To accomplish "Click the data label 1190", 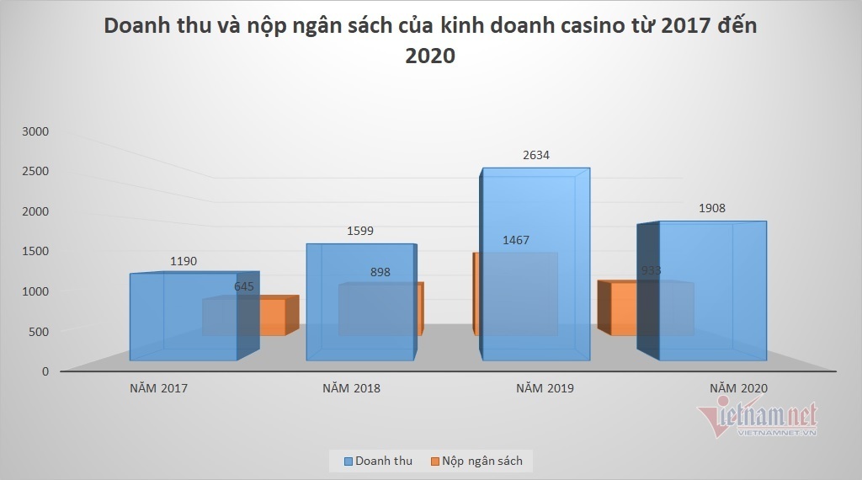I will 183,261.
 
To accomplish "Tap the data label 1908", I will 710,208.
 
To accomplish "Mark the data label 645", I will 243,287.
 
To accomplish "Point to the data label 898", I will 380,272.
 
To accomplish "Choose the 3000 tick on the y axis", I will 37,131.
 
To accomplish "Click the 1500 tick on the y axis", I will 37,251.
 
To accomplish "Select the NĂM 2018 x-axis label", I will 351,389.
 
